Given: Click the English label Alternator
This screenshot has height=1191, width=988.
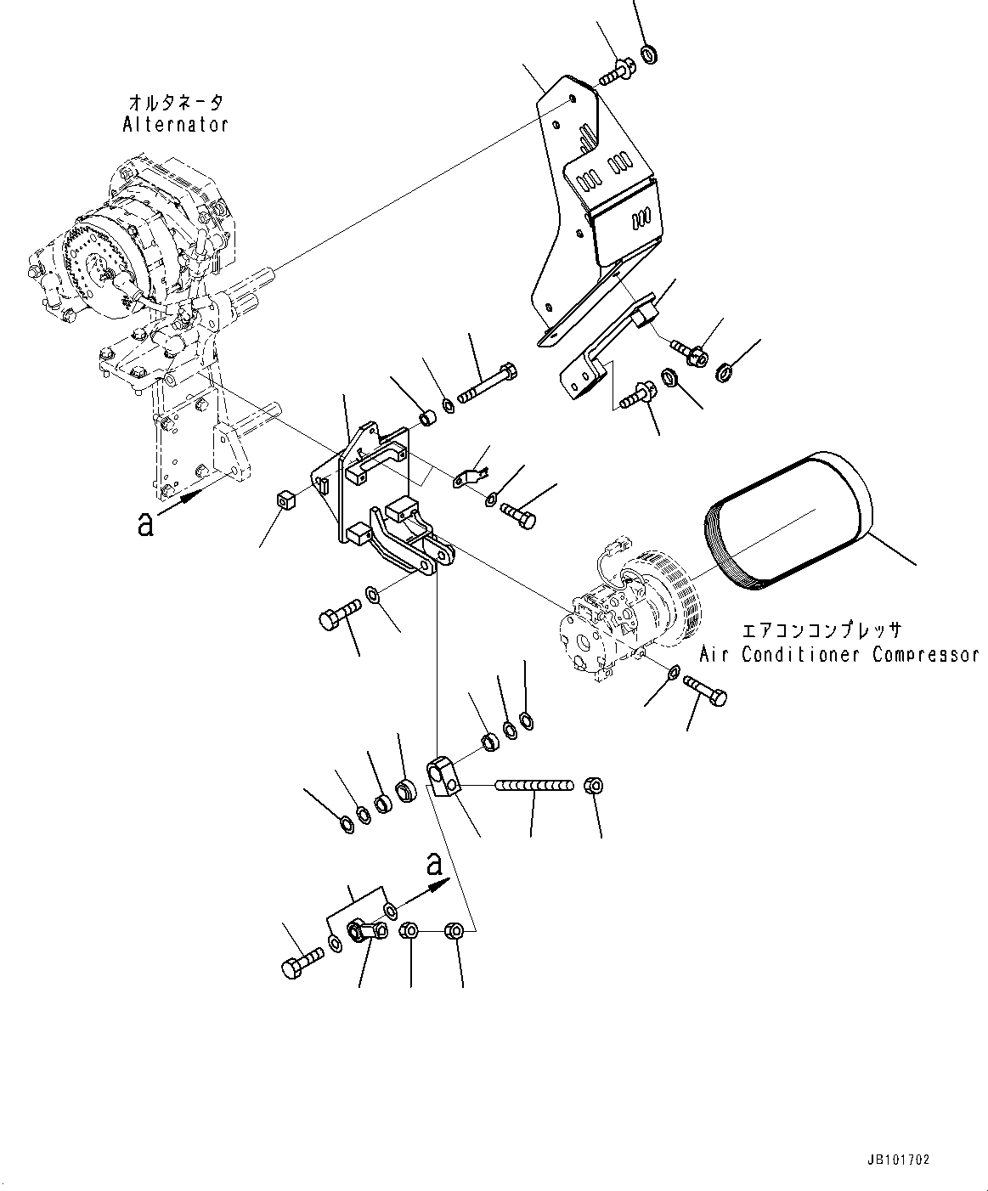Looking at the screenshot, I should coord(176,125).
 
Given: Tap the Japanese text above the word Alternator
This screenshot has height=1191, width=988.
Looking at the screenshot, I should coord(176,104).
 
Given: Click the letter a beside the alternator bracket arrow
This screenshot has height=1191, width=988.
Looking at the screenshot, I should coord(145,525).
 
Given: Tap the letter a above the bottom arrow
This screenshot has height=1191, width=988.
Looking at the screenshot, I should coord(434,865).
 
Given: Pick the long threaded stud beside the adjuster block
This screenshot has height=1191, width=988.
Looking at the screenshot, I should coord(534,787).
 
